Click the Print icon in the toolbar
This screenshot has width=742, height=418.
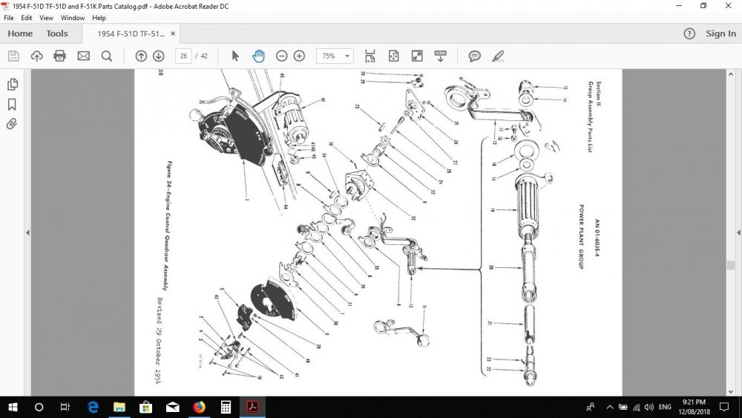(x=60, y=56)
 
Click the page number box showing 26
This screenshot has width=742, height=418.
(x=183, y=56)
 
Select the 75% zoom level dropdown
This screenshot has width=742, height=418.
(x=335, y=56)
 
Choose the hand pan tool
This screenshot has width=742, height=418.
(x=258, y=56)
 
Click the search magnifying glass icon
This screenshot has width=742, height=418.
(x=106, y=56)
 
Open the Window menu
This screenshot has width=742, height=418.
(x=72, y=17)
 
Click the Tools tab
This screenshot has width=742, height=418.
(x=57, y=33)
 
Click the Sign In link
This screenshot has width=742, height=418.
(x=720, y=33)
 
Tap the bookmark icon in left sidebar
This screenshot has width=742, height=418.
(x=12, y=104)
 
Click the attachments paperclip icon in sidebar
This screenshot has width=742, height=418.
(x=12, y=124)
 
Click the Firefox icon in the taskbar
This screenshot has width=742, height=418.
(x=199, y=407)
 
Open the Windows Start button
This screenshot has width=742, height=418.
(x=13, y=407)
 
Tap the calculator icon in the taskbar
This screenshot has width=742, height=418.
(x=226, y=407)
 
